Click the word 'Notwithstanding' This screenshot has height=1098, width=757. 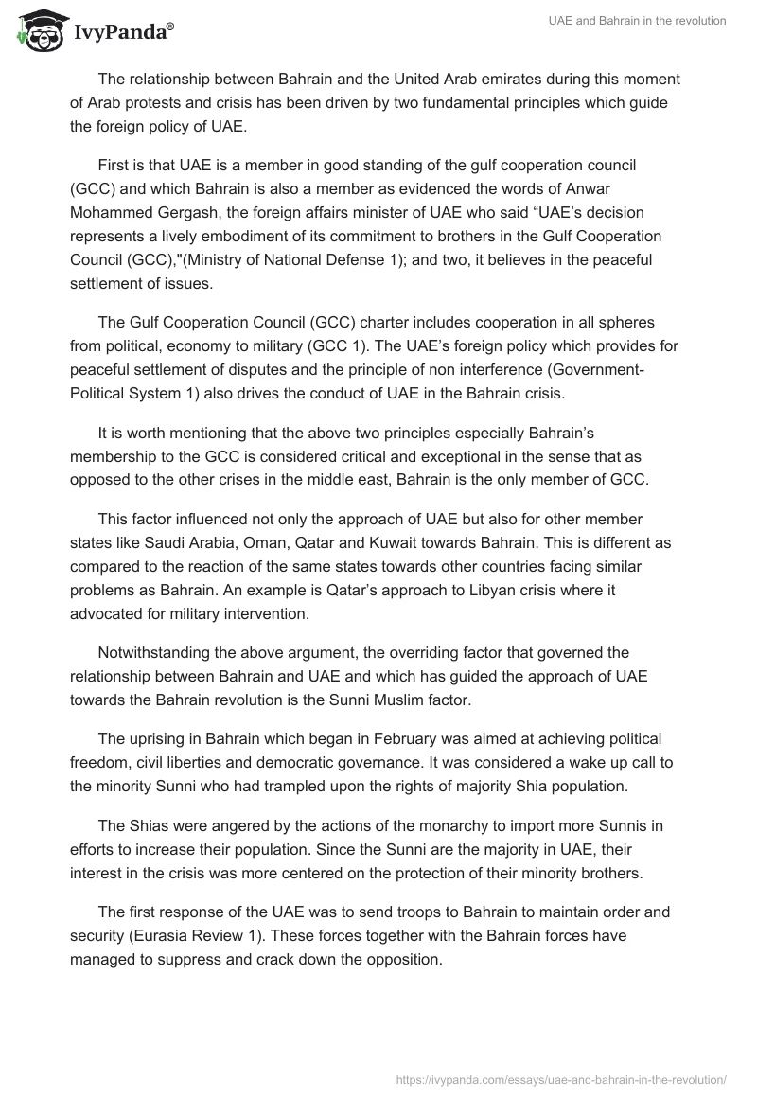pos(154,652)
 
